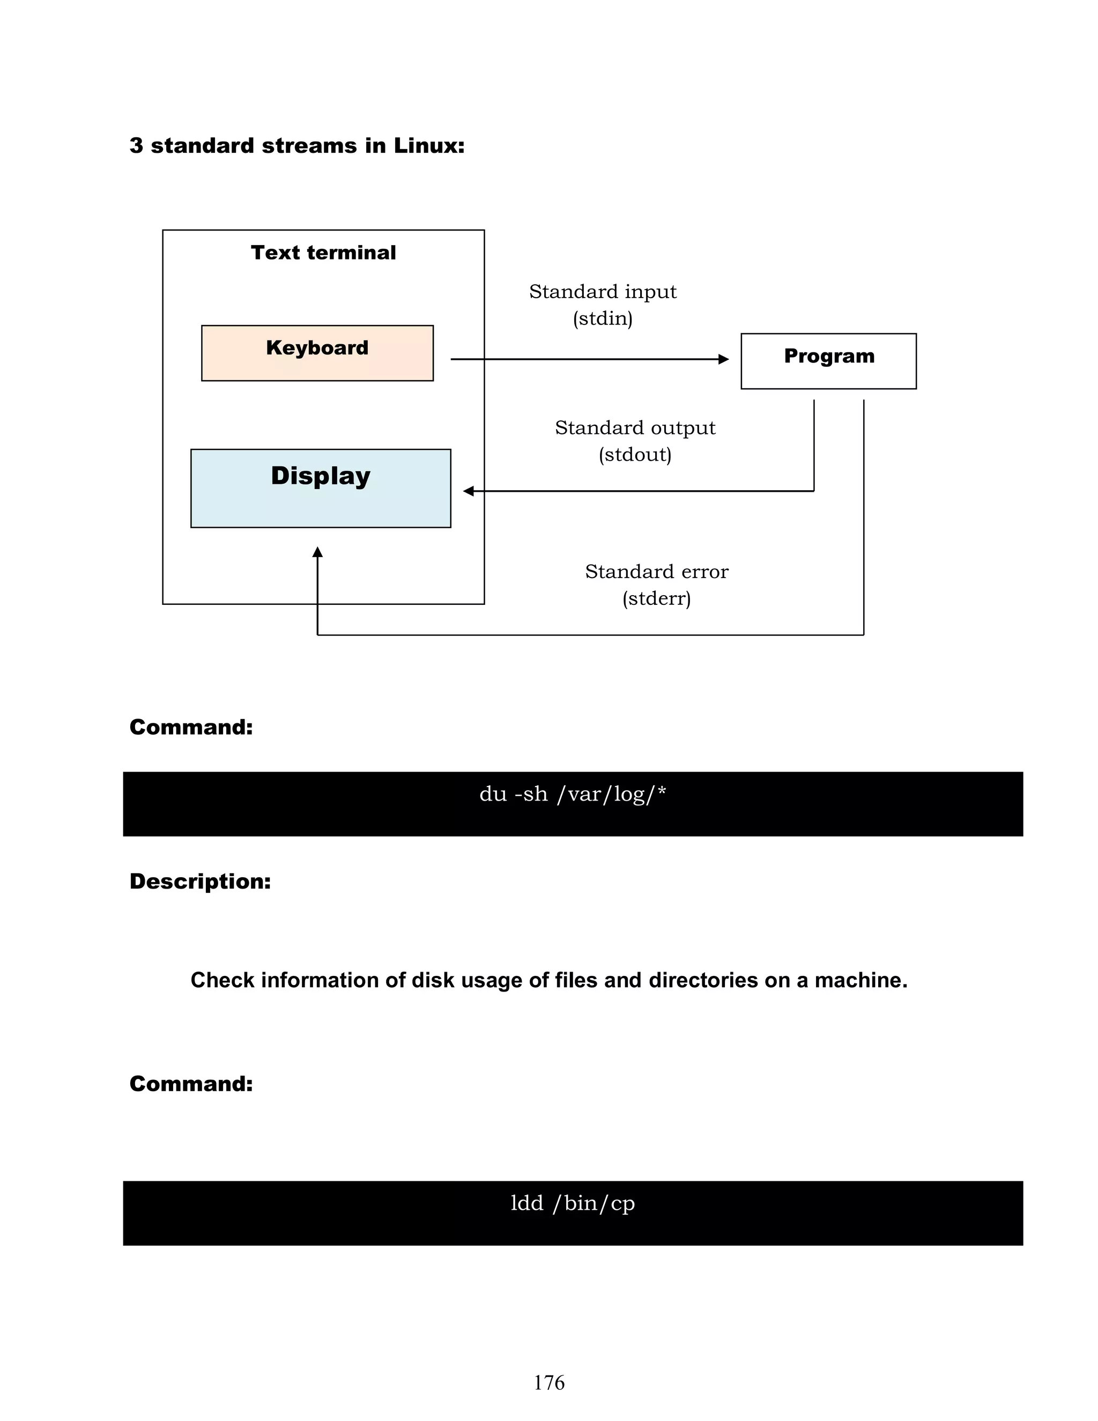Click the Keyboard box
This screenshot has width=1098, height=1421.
pos(317,353)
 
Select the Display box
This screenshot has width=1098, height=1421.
pos(320,488)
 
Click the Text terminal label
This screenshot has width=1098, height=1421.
pos(323,253)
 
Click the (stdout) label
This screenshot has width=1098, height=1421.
pos(635,454)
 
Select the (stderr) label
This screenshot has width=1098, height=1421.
pos(656,598)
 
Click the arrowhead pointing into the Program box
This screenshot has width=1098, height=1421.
pos(723,359)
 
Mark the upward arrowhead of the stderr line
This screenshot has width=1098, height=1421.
pos(317,552)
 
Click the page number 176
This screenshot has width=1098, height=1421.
pos(549,1382)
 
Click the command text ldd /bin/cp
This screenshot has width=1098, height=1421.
pos(573,1204)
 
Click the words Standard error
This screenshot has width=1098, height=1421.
pos(656,571)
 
